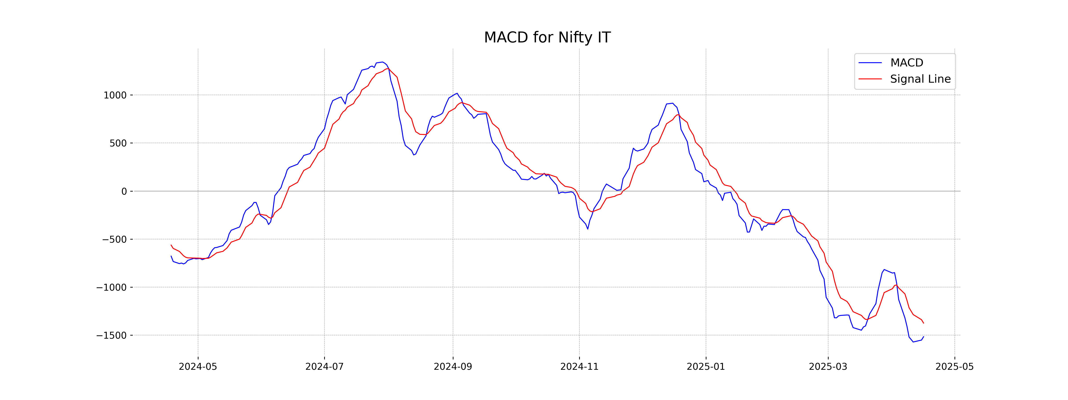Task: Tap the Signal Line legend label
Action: (920, 79)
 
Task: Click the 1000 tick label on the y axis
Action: (115, 95)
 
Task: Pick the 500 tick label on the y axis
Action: (118, 143)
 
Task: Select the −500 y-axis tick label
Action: (114, 239)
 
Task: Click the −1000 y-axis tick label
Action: (111, 287)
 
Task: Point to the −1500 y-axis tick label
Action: (111, 335)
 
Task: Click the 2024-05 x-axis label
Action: (198, 367)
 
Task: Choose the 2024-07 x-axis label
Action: (324, 367)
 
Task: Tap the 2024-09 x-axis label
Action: (453, 367)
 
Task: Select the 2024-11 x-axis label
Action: (579, 367)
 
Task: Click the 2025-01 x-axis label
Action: (706, 367)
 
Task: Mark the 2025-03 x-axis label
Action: (828, 367)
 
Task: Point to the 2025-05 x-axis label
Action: (954, 367)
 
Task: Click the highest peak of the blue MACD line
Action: (382, 62)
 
